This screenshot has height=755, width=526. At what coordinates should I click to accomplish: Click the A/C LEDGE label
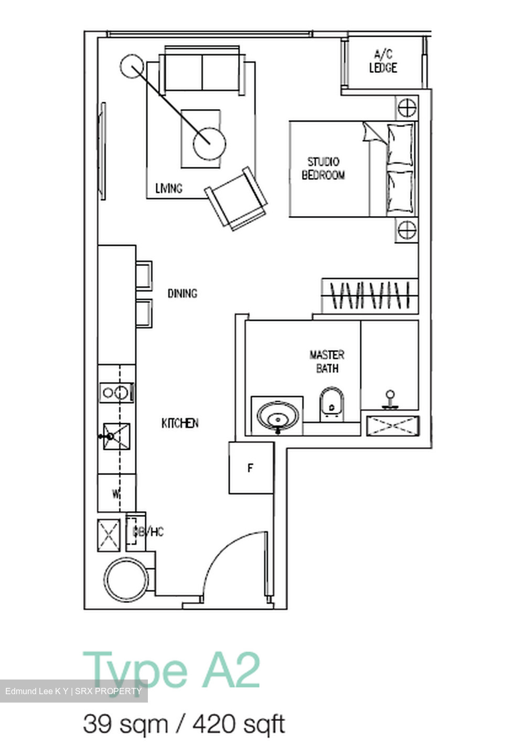pyautogui.click(x=383, y=61)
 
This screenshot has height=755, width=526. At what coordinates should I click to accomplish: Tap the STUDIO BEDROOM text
pyautogui.click(x=323, y=168)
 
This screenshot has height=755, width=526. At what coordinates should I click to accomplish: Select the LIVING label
pyautogui.click(x=169, y=188)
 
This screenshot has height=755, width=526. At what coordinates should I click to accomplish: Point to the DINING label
pyautogui.click(x=182, y=293)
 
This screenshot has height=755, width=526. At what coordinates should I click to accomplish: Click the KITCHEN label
pyautogui.click(x=180, y=423)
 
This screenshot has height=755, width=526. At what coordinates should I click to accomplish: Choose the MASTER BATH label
pyautogui.click(x=327, y=361)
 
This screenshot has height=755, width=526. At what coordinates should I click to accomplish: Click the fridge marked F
pyautogui.click(x=251, y=468)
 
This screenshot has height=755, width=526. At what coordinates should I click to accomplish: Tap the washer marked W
pyautogui.click(x=116, y=493)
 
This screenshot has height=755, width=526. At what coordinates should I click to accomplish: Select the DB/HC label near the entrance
pyautogui.click(x=149, y=532)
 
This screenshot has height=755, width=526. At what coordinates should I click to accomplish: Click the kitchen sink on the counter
pyautogui.click(x=116, y=436)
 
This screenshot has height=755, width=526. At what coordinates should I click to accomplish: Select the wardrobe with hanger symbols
pyautogui.click(x=370, y=296)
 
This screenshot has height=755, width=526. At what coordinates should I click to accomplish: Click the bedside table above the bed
pyautogui.click(x=406, y=108)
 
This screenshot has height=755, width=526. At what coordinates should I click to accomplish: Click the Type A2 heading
pyautogui.click(x=171, y=670)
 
